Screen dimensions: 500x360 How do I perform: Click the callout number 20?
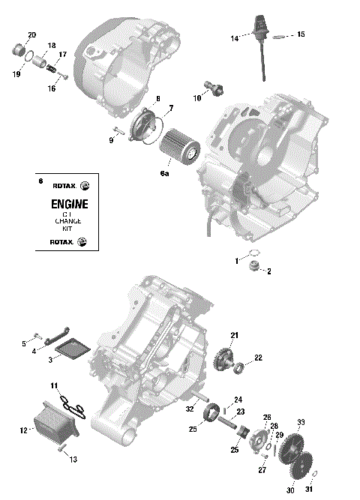tap(31, 35)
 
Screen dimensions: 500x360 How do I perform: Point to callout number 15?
tap(301, 34)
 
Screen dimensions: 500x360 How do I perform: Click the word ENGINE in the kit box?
tap(69, 204)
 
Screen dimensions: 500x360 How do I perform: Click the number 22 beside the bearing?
tap(257, 358)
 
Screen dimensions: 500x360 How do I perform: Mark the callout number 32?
tap(189, 409)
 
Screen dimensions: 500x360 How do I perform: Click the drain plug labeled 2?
tap(256, 268)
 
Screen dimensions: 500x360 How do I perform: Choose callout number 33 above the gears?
tap(301, 423)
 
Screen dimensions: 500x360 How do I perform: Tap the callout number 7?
tap(171, 109)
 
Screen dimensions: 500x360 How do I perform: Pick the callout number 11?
tap(54, 385)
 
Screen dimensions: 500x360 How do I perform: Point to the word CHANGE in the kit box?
tap(67, 223)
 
